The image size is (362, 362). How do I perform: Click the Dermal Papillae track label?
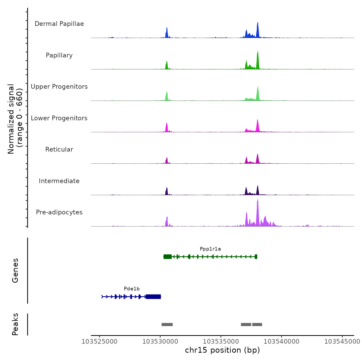[x=59, y=24]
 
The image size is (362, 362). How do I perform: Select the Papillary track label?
[x=59, y=55]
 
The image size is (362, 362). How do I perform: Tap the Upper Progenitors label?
[x=59, y=87]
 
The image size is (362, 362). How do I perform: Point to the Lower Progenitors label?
[x=59, y=118]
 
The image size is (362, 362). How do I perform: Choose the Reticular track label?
[x=59, y=149]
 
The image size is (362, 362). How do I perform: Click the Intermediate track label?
[x=59, y=181]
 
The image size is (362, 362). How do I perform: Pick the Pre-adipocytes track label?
[x=59, y=212]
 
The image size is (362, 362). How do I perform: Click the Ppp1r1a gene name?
[x=210, y=249]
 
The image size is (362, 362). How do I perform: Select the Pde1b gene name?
[x=132, y=289]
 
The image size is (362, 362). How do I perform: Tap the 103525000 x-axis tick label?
[x=100, y=342]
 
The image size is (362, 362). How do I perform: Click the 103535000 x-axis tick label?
[x=221, y=342]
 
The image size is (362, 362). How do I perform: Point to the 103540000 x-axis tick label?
[x=282, y=342]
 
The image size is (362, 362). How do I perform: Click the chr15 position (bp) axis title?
[x=222, y=350]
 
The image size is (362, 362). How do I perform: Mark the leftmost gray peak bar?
[x=167, y=325]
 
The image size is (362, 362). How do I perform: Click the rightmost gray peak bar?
[x=257, y=325]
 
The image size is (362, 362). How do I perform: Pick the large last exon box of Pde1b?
[x=153, y=297]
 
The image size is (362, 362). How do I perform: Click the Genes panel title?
[x=15, y=270]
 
